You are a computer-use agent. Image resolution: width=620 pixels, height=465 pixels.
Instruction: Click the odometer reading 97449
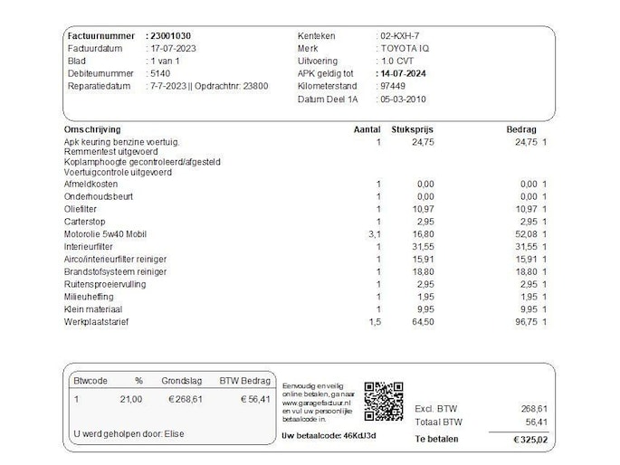click(x=393, y=86)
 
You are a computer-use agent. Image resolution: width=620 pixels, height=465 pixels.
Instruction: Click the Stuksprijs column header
click(x=415, y=129)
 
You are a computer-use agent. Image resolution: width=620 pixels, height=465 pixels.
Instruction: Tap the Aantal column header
click(x=367, y=129)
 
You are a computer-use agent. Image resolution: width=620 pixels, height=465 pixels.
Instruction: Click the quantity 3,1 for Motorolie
click(x=376, y=233)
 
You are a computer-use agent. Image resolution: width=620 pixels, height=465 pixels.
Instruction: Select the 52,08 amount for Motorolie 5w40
click(x=524, y=233)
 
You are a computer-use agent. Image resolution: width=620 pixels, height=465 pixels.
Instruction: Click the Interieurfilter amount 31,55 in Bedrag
click(x=524, y=246)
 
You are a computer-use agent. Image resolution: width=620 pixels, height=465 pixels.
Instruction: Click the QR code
click(x=383, y=400)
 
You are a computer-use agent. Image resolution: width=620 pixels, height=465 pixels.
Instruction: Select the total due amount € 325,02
click(x=530, y=440)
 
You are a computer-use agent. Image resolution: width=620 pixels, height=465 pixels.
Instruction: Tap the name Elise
click(x=174, y=434)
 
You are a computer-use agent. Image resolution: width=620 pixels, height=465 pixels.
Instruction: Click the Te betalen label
click(x=436, y=440)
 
